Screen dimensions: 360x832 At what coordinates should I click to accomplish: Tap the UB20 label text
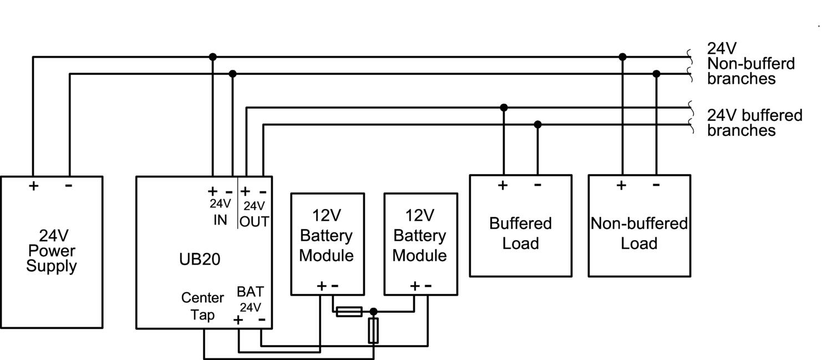200,259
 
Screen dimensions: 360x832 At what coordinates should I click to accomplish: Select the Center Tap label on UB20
202,306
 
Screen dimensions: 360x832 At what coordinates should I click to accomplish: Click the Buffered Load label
520,233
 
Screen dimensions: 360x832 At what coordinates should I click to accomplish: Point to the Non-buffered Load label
639,233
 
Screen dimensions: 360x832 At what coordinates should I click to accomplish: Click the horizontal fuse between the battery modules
349,312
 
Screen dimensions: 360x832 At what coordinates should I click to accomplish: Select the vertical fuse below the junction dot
373,331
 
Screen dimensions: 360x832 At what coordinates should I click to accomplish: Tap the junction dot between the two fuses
373,312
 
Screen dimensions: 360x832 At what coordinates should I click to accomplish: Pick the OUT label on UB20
255,221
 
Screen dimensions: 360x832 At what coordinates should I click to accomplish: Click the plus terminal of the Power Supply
34,186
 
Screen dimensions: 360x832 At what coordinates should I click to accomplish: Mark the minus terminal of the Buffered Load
537,185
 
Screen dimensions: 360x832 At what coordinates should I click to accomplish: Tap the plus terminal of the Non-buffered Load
622,185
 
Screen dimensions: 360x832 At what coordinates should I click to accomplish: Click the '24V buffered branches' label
754,123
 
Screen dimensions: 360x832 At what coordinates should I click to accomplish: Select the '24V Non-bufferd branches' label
750,63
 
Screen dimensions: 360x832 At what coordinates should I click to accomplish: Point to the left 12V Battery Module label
327,235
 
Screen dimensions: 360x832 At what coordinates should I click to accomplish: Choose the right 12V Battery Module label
420,235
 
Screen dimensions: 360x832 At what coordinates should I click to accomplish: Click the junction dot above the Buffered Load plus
504,108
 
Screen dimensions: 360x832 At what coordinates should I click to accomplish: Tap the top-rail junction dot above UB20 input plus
212,57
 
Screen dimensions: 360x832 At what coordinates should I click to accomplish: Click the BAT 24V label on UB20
250,299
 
